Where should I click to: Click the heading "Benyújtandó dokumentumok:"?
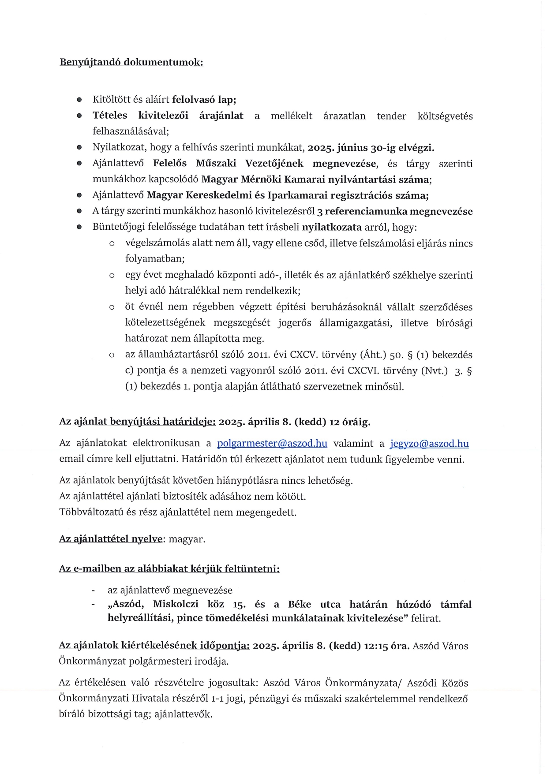pos(131,62)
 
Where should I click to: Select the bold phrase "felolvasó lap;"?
pos(204,100)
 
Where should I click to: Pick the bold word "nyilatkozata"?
pos(332,227)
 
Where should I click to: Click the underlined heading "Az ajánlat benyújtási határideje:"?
pos(137,422)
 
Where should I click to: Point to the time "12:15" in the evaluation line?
pos(375,646)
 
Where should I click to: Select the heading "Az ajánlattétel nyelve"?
pos(111,539)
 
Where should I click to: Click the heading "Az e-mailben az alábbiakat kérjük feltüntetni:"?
pos(169,569)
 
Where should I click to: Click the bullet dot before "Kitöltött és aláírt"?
pos(79,100)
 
